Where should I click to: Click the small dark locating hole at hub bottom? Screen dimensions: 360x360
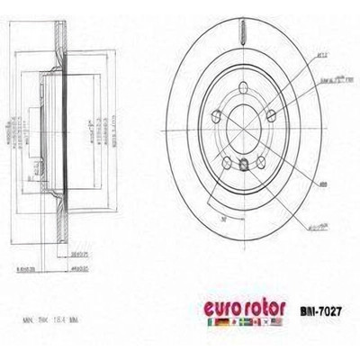point(244,164)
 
